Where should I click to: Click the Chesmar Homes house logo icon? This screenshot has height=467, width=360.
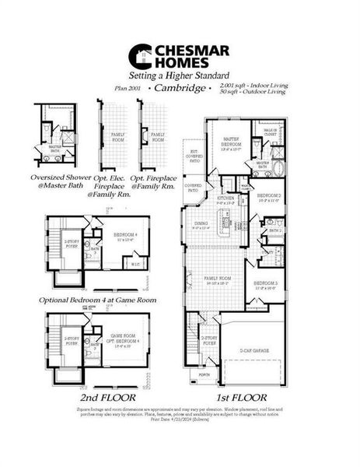[x=139, y=55]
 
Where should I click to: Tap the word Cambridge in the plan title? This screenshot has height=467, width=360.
[x=181, y=89]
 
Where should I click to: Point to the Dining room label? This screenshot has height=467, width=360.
[x=201, y=225]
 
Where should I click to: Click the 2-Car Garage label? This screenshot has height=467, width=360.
[x=255, y=351]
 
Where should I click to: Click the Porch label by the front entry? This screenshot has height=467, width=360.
[x=204, y=374]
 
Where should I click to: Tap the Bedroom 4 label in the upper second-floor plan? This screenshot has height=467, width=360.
[x=125, y=236]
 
